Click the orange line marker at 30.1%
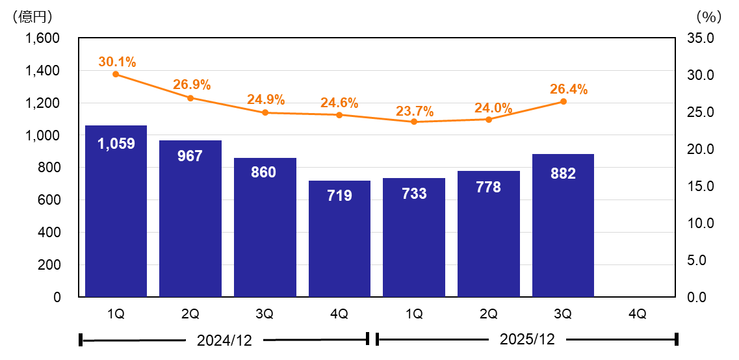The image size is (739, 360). tap(116, 74)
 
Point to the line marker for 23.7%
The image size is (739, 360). tap(414, 122)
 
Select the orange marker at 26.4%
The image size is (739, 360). tap(563, 101)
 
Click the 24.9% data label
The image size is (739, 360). tap(265, 100)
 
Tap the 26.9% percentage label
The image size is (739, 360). tap(191, 84)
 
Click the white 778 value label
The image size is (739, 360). tap(488, 187)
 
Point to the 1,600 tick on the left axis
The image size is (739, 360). tap(42, 38)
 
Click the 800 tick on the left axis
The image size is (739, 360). tap(48, 168)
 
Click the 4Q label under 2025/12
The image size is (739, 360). tap(638, 314)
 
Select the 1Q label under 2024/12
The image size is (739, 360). tap(116, 314)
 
